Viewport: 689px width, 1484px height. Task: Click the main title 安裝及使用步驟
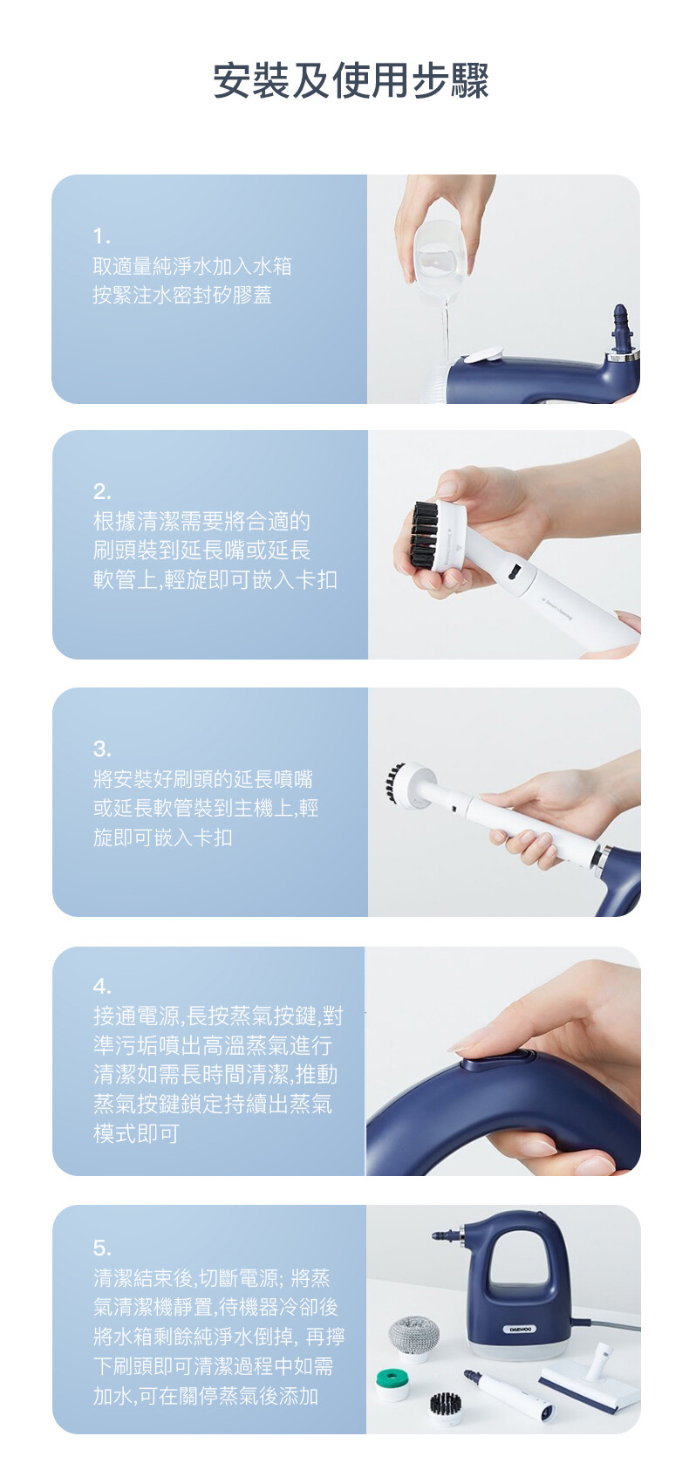click(x=351, y=81)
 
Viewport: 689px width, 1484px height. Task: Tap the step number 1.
click(x=101, y=236)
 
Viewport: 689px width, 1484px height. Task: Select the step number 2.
click(x=102, y=491)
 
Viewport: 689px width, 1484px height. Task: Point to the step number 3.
click(x=102, y=749)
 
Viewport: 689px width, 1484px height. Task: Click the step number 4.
click(x=102, y=987)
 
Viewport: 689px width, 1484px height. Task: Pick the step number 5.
click(x=102, y=1248)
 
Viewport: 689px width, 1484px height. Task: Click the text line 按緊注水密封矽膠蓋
click(x=182, y=295)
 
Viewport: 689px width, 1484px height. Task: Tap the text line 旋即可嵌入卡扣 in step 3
click(x=163, y=838)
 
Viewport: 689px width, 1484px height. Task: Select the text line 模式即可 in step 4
click(x=136, y=1133)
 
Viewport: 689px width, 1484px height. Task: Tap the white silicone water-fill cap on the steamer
click(x=484, y=357)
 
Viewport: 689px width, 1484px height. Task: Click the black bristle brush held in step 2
click(x=424, y=532)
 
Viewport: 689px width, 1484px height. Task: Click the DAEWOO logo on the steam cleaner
click(x=521, y=1330)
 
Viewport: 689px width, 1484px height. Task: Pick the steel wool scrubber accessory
click(x=413, y=1336)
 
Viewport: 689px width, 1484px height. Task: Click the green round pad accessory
click(x=392, y=1383)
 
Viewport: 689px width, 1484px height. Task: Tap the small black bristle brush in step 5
click(x=445, y=1405)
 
